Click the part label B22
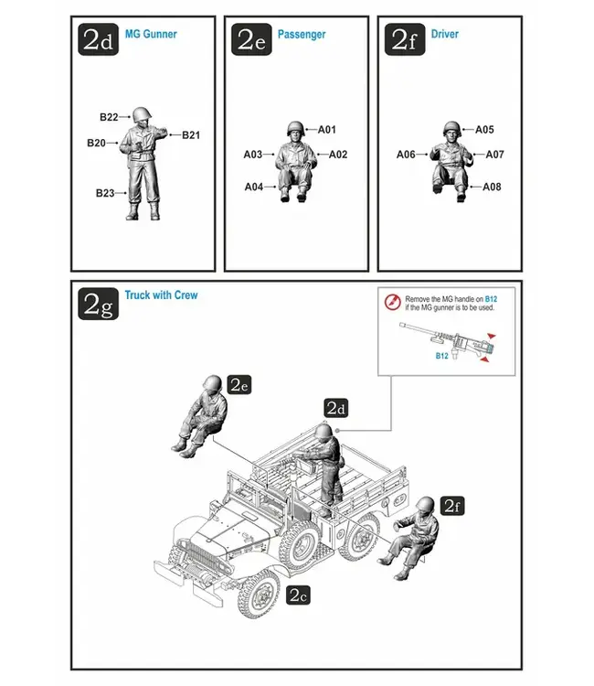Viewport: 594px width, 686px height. tap(109, 117)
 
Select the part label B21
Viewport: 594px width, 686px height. tap(190, 135)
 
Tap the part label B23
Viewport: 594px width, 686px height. tap(106, 193)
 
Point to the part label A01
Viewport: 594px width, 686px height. tap(327, 130)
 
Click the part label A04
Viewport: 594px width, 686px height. tap(254, 187)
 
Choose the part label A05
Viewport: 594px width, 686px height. tap(484, 130)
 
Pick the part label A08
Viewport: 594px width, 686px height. tap(492, 187)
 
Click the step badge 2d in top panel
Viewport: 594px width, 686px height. tap(98, 39)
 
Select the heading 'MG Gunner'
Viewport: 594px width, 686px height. tap(151, 34)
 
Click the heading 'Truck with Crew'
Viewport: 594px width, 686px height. tap(161, 295)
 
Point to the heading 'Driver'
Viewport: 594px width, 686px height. tap(444, 34)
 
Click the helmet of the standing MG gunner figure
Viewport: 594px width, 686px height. tap(142, 114)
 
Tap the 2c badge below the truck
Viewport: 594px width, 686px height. tap(299, 595)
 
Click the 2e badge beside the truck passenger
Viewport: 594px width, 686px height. tap(239, 385)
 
